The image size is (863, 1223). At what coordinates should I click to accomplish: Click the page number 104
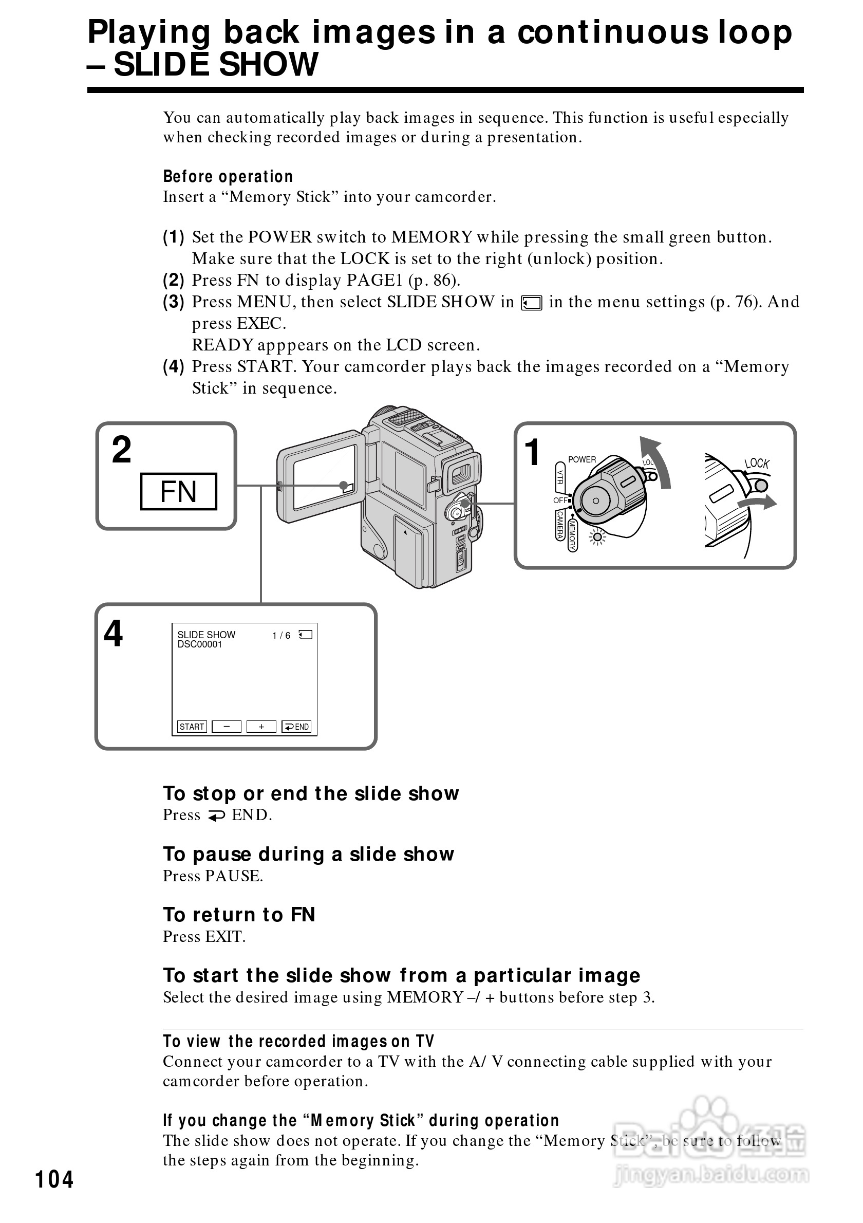[54, 1179]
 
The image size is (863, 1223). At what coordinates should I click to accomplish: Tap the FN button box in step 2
[178, 491]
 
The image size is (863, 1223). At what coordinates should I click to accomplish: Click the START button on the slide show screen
[192, 727]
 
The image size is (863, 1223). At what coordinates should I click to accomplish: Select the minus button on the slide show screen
[226, 727]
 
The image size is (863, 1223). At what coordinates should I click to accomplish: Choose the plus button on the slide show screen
[261, 727]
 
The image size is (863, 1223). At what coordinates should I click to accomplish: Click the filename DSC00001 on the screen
[200, 644]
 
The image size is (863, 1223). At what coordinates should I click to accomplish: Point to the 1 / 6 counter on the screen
[281, 636]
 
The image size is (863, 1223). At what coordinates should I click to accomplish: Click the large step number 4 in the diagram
[113, 634]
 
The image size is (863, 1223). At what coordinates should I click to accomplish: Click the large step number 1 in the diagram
[532, 453]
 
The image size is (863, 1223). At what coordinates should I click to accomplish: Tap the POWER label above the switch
[582, 460]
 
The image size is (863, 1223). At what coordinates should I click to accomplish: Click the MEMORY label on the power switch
[572, 535]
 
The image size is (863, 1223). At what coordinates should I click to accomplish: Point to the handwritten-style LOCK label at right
[757, 464]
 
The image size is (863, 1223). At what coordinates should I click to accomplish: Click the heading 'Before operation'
[228, 176]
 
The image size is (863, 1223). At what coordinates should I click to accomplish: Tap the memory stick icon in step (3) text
[531, 303]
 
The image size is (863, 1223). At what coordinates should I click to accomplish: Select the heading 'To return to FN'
[239, 915]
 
